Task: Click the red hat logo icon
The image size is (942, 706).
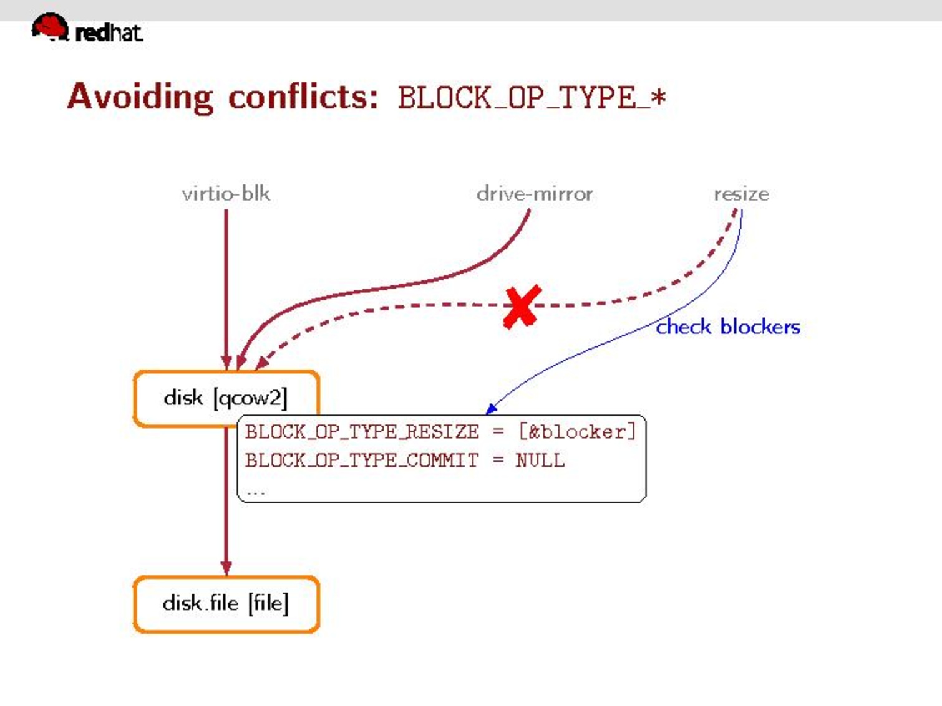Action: point(50,27)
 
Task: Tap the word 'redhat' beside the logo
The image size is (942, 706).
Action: point(109,32)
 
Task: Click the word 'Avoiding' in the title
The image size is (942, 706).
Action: point(140,97)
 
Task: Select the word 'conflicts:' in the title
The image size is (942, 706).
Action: point(303,97)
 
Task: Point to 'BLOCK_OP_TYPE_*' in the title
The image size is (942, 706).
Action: point(532,98)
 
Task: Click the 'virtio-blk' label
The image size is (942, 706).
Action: point(226,194)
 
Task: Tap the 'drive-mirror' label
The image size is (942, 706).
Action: point(534,194)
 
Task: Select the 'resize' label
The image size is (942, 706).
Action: point(741,194)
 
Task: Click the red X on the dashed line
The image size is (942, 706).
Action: point(522,307)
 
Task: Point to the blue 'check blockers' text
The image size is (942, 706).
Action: point(727,327)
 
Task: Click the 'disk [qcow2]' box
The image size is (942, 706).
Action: point(226,398)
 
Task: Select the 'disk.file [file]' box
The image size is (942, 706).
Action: point(226,604)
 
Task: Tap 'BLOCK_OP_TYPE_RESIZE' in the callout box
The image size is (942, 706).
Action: point(362,432)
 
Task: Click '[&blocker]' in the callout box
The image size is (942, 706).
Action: point(577,432)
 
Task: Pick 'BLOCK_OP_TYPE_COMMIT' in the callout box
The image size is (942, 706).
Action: point(362,460)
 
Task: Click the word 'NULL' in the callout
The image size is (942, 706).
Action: point(540,460)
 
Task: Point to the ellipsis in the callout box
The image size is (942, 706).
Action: point(256,492)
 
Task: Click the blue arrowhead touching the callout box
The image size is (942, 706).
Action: point(492,409)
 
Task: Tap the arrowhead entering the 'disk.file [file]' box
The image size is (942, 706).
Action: point(226,568)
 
